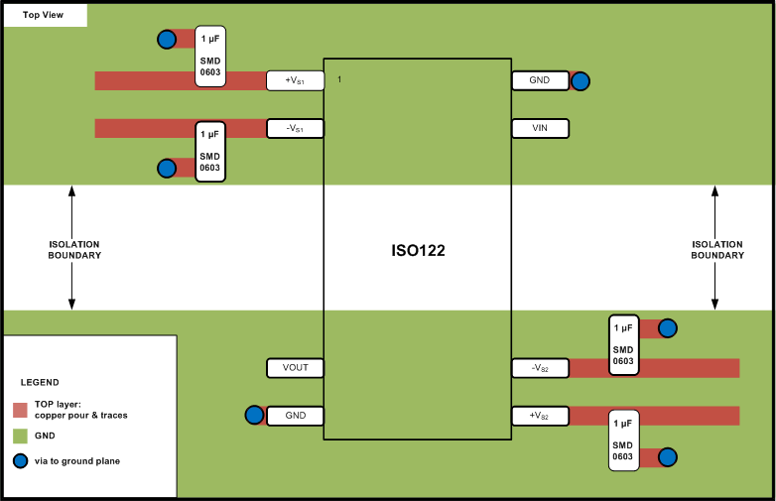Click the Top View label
click(x=45, y=15)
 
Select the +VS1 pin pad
click(x=296, y=80)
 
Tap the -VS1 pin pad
click(x=296, y=128)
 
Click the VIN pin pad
click(x=540, y=128)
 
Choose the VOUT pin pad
click(x=296, y=367)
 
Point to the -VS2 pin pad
click(x=540, y=368)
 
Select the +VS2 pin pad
click(x=540, y=415)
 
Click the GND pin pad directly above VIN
click(x=540, y=80)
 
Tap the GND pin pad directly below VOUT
click(x=296, y=415)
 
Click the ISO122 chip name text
click(x=418, y=251)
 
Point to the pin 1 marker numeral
click(x=339, y=78)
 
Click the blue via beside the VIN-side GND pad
click(x=581, y=81)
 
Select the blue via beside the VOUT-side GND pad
click(x=254, y=415)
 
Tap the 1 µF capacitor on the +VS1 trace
click(x=210, y=56)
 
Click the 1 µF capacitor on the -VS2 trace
click(x=623, y=344)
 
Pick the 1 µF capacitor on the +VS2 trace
click(x=623, y=439)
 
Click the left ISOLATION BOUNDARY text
click(x=74, y=249)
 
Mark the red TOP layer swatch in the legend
click(x=20, y=410)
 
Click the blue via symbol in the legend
click(x=20, y=460)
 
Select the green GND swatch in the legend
click(x=20, y=436)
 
